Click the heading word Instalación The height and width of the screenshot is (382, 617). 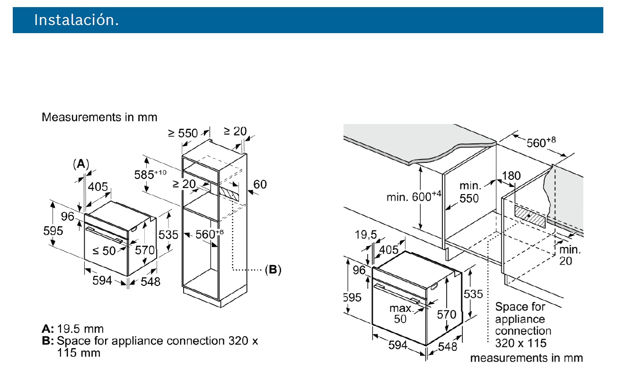[76, 20]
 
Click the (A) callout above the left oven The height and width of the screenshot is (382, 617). [81, 164]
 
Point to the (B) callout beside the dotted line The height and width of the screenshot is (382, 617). [273, 270]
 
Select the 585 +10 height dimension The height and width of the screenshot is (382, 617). [149, 175]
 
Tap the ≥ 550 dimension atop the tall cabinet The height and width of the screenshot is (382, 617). [183, 133]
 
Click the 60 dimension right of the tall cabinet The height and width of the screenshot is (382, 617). [260, 184]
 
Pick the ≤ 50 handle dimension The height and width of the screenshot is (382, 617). [104, 251]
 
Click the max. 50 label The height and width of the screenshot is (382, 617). [400, 313]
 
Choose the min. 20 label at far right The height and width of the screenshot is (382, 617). [570, 255]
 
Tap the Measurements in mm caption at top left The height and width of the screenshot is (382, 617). [99, 116]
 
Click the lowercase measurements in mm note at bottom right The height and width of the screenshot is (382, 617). [526, 358]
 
